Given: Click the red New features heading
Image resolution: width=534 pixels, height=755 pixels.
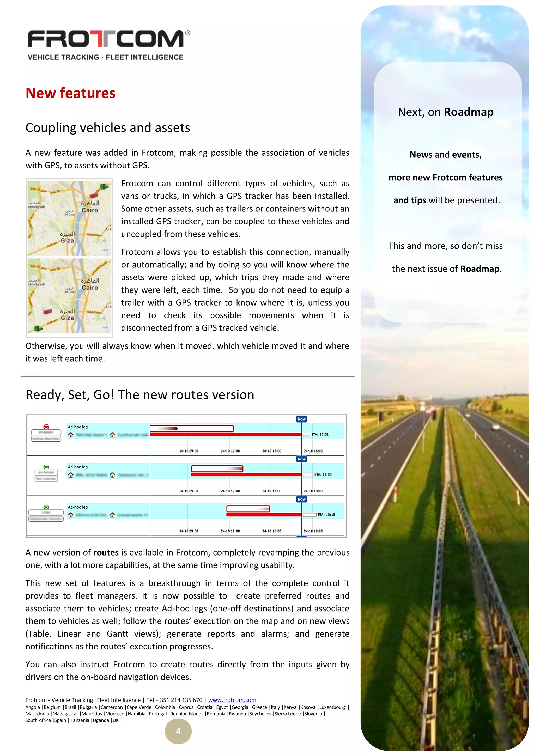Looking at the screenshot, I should [x=70, y=93].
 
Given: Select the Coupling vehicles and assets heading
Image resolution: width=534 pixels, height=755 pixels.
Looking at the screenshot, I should [x=107, y=127].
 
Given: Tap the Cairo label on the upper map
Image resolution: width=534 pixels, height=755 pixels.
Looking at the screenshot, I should [x=90, y=210].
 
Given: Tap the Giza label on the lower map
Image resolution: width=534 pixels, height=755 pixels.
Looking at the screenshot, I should [x=68, y=318].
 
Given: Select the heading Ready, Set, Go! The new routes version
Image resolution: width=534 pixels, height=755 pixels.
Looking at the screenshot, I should [x=140, y=395].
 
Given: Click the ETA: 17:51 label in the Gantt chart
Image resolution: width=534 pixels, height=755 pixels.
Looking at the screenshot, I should [x=320, y=434].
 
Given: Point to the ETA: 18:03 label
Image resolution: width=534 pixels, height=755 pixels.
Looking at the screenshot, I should [x=323, y=474].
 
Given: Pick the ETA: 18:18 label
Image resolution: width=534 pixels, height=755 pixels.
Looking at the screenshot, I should [x=326, y=515].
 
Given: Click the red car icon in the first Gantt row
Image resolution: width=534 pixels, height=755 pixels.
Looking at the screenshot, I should [x=46, y=427].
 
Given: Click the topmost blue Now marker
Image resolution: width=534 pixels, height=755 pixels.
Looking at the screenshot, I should [x=301, y=419].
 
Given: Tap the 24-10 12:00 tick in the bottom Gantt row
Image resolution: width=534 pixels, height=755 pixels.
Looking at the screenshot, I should [x=230, y=531].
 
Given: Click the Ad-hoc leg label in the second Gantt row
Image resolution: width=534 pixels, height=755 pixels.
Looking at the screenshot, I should [x=78, y=467].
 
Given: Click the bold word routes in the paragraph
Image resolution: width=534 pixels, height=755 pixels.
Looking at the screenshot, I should [x=106, y=552].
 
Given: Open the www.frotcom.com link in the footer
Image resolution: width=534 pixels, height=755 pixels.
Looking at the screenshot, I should [x=232, y=700].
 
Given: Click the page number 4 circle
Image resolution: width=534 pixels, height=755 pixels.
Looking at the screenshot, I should [x=178, y=731].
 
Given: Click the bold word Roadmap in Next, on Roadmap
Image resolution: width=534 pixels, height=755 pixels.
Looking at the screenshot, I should [x=469, y=112].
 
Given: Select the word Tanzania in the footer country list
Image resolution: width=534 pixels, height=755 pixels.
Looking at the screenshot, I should [x=80, y=720].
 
